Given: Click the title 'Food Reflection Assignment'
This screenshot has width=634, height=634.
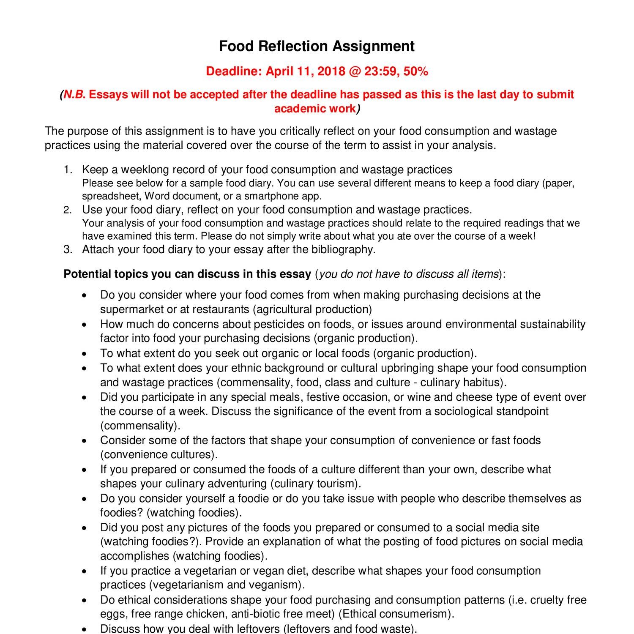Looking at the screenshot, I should click(317, 46).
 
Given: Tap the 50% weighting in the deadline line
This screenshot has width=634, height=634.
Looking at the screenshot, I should click(416, 71).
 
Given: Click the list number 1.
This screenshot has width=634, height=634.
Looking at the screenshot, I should click(68, 170).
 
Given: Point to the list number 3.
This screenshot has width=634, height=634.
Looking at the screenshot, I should click(68, 249).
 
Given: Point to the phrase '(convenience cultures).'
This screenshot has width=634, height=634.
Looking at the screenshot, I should click(159, 455).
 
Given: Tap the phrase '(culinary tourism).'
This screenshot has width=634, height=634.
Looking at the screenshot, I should click(315, 484).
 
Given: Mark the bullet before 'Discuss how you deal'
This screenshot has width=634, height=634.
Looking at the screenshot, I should click(85, 629).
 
